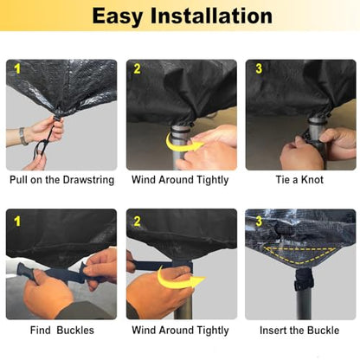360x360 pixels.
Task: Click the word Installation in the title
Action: pos(211,16)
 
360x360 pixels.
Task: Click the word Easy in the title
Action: pos(117,17)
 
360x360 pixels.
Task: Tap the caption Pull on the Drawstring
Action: pos(62,180)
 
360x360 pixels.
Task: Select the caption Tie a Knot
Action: pos(299,180)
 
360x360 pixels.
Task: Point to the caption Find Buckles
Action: pos(62,330)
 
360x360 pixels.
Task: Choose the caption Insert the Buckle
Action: pos(299,330)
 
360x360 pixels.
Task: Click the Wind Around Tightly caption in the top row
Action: pos(180,180)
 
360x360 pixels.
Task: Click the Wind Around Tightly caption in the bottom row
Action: pos(180,331)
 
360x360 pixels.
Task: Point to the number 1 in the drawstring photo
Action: pos(17,69)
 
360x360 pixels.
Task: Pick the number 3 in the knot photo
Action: pos(259,68)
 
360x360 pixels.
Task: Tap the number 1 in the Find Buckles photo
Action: pos(17,222)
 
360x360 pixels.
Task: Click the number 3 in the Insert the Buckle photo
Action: pos(259,222)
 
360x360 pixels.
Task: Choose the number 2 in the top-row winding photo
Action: pos(137,68)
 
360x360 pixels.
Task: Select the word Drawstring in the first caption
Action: pos(88,180)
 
